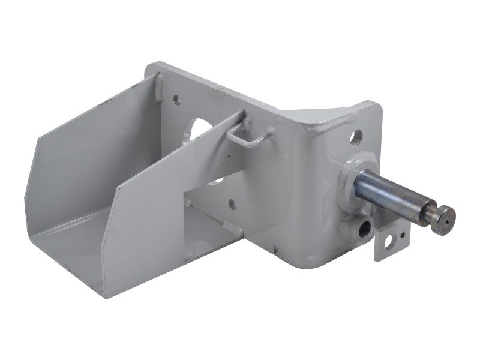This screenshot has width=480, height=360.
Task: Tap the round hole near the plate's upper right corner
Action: [357, 136]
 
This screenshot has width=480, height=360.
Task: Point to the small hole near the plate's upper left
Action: [178, 97]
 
